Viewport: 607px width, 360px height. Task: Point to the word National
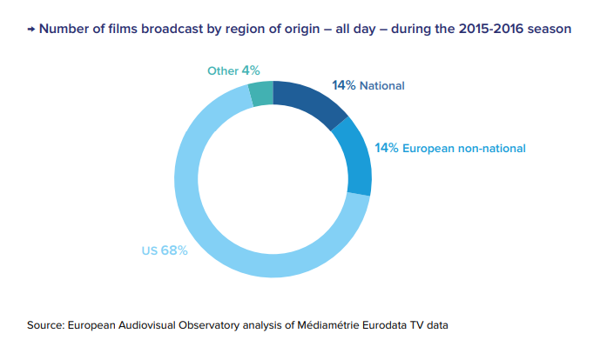pyautogui.click(x=382, y=86)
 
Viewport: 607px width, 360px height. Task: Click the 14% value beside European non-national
pyautogui.click(x=387, y=148)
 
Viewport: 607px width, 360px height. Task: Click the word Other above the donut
pyautogui.click(x=222, y=70)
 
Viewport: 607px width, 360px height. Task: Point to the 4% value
pyautogui.click(x=251, y=70)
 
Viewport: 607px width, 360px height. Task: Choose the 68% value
pyautogui.click(x=174, y=250)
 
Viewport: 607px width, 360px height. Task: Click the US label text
pyautogui.click(x=150, y=250)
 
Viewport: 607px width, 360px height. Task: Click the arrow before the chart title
pyautogui.click(x=31, y=29)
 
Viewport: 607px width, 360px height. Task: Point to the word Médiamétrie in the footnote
pyautogui.click(x=325, y=325)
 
